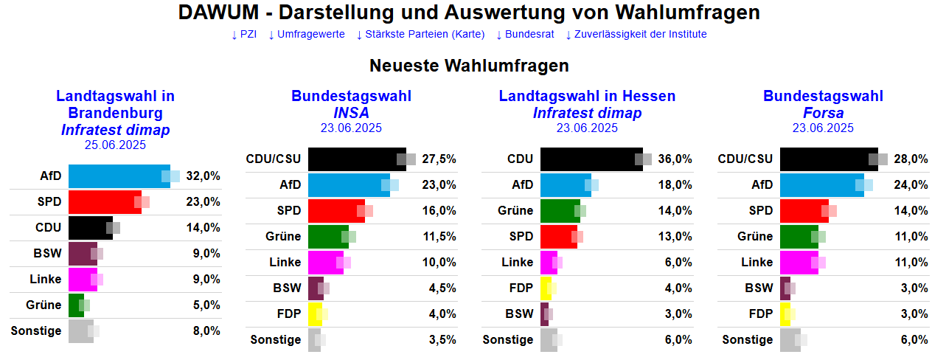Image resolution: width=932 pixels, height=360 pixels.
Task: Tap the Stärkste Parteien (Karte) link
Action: point(420,34)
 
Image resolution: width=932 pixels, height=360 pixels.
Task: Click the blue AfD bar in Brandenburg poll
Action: point(118,176)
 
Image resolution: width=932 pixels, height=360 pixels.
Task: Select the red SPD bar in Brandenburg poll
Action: point(103,202)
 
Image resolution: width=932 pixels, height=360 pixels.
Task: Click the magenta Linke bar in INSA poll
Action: point(324,262)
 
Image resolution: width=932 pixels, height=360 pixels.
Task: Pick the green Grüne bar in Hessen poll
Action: point(560,210)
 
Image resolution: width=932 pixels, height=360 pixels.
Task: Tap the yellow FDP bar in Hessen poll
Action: point(545,288)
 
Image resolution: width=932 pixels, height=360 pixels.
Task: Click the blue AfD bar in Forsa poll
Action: point(821,184)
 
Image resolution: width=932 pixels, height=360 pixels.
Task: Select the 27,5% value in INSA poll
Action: point(439,159)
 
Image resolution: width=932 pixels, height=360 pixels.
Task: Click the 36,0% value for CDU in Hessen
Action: point(675,159)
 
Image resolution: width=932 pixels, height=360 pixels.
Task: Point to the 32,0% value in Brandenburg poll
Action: point(203,176)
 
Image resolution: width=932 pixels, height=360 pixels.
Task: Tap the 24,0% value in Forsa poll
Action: point(911,184)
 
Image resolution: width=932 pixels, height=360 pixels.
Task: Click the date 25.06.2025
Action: point(116,145)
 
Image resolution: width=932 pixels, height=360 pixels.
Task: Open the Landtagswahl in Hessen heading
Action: point(587,97)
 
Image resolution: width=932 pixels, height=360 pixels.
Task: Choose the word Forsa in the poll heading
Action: point(823,113)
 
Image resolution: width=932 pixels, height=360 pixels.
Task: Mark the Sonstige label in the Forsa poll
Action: point(748,339)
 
